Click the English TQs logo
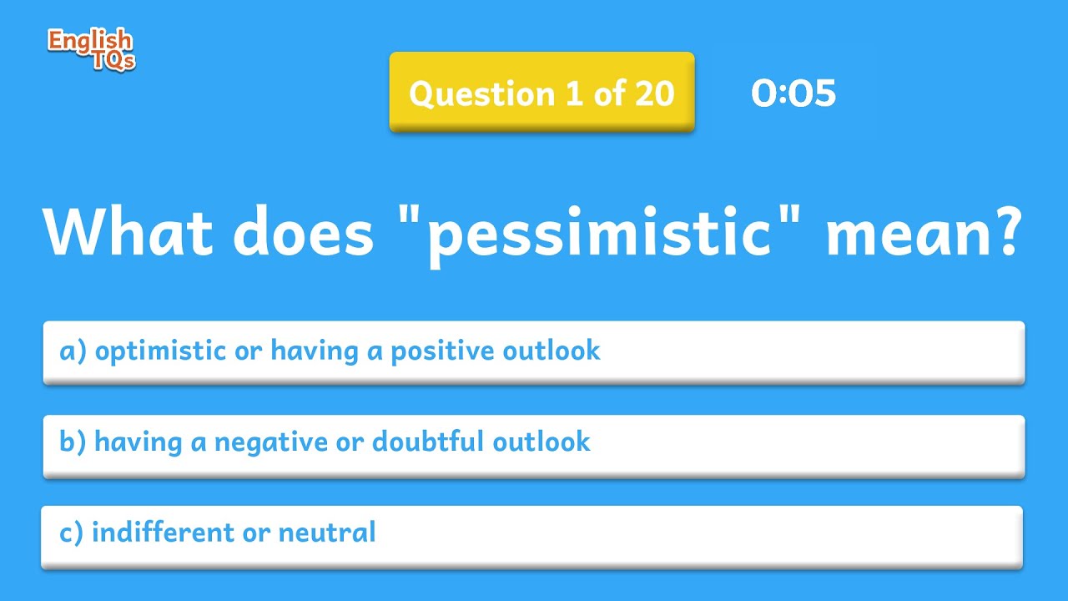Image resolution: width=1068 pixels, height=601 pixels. (x=90, y=49)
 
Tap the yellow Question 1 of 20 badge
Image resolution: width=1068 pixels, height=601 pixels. (x=542, y=93)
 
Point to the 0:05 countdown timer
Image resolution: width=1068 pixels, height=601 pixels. (x=793, y=93)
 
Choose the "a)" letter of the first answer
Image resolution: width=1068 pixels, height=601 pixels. (x=73, y=351)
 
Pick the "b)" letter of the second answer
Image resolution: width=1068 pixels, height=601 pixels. (x=73, y=442)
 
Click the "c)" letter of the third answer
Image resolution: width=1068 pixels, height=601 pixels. (x=72, y=532)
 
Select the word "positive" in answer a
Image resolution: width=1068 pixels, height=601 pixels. (x=442, y=351)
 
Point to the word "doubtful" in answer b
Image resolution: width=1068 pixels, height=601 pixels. (x=426, y=442)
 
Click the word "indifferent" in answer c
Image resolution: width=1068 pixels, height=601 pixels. (x=163, y=532)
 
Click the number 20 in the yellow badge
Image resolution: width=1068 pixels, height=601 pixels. (x=653, y=93)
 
